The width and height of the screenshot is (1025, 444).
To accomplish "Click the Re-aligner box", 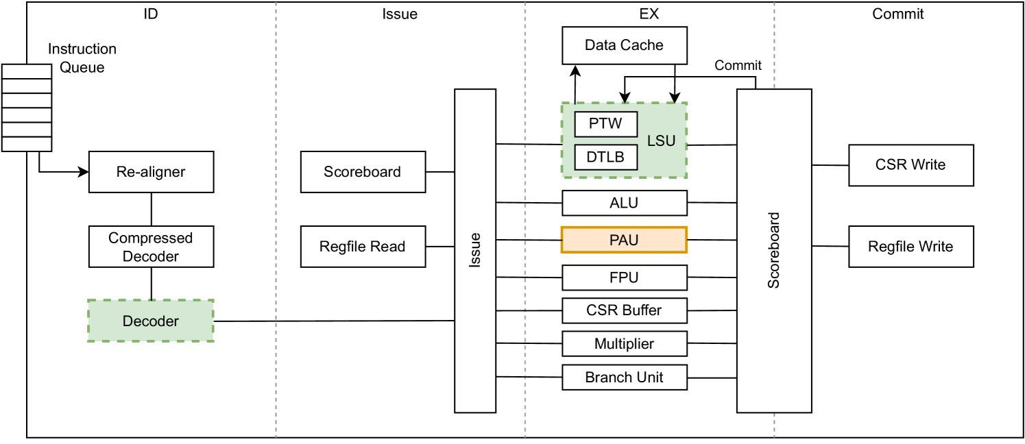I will coord(151,171).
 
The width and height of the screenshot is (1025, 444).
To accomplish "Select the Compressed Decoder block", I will coord(151,247).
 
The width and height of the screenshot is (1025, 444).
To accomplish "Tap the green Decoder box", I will coord(151,321).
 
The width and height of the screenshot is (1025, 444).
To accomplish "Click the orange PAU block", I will coord(624,240).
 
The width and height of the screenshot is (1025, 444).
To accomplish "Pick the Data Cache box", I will coord(624,45).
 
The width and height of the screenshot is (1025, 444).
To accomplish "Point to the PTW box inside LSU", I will coord(606,125).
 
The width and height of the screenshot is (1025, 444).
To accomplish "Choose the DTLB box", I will coord(606,158).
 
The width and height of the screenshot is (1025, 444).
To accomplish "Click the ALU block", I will coord(624,203).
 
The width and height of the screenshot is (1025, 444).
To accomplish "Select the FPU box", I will coord(624,277).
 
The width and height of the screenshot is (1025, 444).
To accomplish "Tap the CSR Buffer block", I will coord(624,310).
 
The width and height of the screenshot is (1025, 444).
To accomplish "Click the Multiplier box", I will coord(624,343).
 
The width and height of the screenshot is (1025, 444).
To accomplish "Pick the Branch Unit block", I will coord(624,377).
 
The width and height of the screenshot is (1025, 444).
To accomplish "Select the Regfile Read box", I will coord(362,247).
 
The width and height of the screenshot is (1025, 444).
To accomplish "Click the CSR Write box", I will coord(911,165).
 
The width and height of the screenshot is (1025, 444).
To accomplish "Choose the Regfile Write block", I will coord(911,247).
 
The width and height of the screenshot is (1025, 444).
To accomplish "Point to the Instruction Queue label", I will coord(82,58).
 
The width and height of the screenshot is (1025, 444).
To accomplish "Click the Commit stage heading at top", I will coord(898,14).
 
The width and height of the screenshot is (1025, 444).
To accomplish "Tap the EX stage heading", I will coord(649,14).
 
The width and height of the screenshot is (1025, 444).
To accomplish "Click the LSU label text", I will coord(662,141).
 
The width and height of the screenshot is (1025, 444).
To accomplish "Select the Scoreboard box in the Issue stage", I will coord(362,171).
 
